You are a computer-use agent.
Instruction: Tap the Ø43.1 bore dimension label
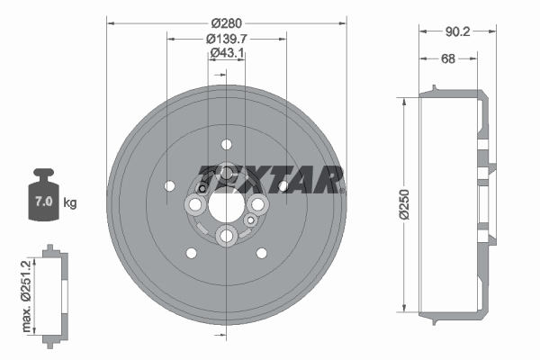coord(226,54)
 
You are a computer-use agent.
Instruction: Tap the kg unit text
coord(69,202)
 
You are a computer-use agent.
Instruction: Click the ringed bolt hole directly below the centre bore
coord(226,236)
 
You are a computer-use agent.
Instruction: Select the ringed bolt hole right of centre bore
coord(257,206)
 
